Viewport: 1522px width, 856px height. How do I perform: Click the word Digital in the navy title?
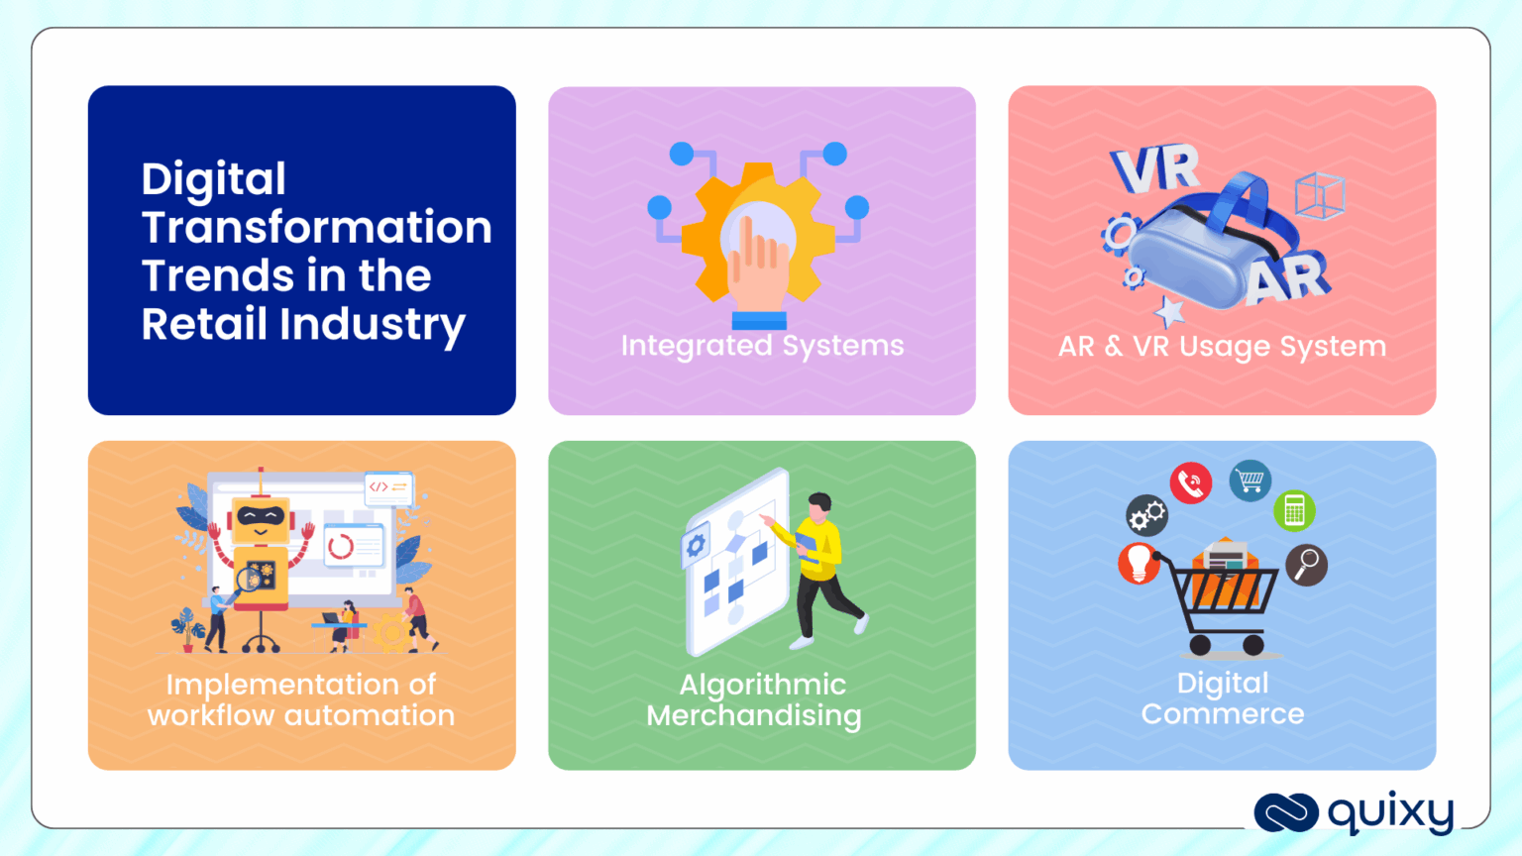pyautogui.click(x=214, y=180)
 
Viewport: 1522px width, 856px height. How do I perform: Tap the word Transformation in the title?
pyautogui.click(x=316, y=228)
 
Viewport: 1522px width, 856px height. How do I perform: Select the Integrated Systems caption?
pyautogui.click(x=762, y=346)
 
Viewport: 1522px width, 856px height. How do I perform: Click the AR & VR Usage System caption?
pyautogui.click(x=1222, y=347)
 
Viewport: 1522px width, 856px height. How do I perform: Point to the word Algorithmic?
pyautogui.click(x=762, y=685)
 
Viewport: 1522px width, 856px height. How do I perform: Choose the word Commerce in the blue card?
pyautogui.click(x=1222, y=714)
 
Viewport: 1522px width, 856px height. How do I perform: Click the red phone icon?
pyautogui.click(x=1190, y=483)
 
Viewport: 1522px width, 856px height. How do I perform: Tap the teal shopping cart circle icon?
pyautogui.click(x=1250, y=481)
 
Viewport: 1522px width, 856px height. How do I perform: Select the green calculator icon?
pyautogui.click(x=1294, y=511)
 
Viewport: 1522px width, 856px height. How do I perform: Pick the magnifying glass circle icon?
pyautogui.click(x=1307, y=565)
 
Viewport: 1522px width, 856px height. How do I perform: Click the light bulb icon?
pyautogui.click(x=1139, y=563)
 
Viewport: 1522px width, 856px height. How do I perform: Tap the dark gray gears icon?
pyautogui.click(x=1147, y=515)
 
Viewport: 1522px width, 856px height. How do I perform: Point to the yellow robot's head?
pyautogui.click(x=260, y=519)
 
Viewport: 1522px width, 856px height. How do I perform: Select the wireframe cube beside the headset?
pyautogui.click(x=1319, y=195)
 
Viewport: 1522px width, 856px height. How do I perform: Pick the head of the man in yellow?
pyautogui.click(x=818, y=505)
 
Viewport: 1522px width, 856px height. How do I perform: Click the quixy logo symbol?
pyautogui.click(x=1286, y=812)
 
